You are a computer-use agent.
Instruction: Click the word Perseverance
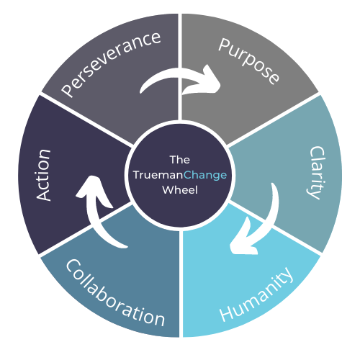(x=111, y=64)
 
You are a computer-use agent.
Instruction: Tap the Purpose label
(x=249, y=61)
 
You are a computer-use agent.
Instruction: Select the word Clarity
(x=317, y=173)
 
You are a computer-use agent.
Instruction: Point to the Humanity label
(x=256, y=294)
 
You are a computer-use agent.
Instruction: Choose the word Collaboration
(x=115, y=293)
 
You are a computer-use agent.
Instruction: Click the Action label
(x=44, y=175)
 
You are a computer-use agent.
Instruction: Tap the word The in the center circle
(x=180, y=160)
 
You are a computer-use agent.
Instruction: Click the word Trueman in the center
(x=158, y=175)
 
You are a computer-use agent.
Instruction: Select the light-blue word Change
(x=205, y=176)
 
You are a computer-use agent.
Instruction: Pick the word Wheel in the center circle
(x=180, y=190)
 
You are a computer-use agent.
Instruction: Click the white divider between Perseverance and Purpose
(x=180, y=67)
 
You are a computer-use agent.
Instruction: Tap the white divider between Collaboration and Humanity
(x=181, y=284)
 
